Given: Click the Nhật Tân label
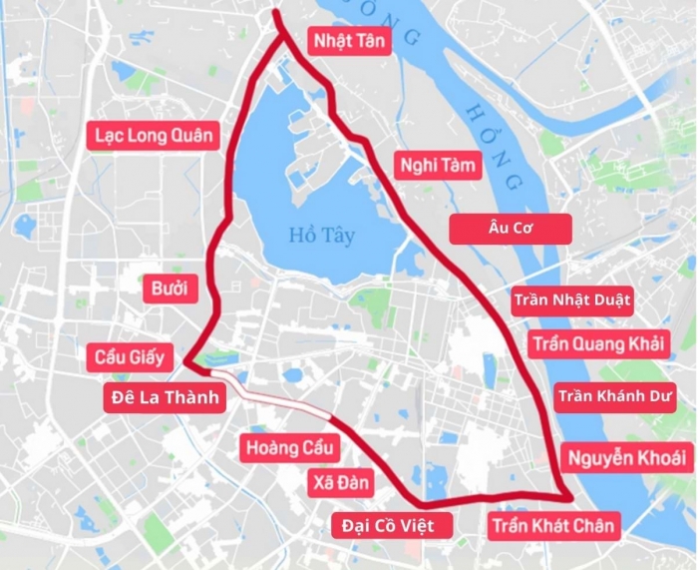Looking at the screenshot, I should (x=350, y=40).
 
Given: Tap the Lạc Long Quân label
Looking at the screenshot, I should (x=155, y=135).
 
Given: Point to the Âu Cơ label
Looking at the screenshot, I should (x=511, y=229).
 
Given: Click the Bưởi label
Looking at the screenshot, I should (x=170, y=289).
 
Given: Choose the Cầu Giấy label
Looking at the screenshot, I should (x=131, y=357).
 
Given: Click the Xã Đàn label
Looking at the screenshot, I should (x=339, y=484).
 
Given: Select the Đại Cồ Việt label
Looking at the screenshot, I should (x=383, y=524).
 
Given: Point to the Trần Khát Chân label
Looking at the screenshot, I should (x=554, y=524).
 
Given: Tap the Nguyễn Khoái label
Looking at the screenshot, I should (x=625, y=458).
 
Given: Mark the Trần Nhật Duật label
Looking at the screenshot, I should (x=572, y=298).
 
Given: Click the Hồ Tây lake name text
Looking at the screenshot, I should (x=322, y=236).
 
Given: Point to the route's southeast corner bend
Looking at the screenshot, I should (x=569, y=496).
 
